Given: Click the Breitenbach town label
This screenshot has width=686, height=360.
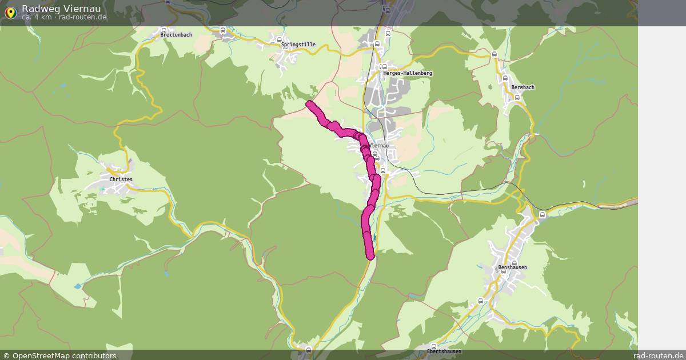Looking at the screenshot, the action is click(x=176, y=35).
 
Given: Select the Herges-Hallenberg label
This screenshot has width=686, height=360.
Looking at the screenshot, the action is click(x=408, y=74).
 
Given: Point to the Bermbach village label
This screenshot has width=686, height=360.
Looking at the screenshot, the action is click(x=523, y=87).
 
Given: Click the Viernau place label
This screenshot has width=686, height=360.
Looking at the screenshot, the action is click(x=380, y=146).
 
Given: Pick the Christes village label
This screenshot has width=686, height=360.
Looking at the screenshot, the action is click(x=121, y=179).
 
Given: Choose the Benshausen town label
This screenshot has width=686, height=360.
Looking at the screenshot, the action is click(x=512, y=267).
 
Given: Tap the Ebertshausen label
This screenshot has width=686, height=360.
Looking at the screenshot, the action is click(x=444, y=351).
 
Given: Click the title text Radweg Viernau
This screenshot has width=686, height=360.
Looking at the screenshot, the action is click(x=61, y=9).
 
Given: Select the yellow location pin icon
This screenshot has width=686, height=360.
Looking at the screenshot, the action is click(x=10, y=13).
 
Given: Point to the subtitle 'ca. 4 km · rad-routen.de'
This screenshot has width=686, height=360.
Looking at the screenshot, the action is click(x=64, y=17).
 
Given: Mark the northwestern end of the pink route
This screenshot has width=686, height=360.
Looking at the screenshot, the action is click(x=310, y=104).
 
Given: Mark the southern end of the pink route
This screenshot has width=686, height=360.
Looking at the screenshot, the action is click(x=370, y=255).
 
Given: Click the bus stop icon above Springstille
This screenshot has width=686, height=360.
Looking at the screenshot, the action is click(x=280, y=39).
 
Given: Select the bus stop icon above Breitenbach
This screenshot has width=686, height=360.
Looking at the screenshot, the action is click(x=163, y=29).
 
